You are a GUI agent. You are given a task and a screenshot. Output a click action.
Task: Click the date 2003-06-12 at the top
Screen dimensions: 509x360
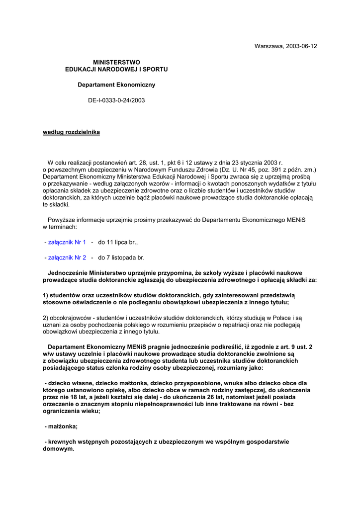[301, 46]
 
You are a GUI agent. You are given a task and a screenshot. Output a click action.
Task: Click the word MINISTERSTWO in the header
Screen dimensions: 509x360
[116, 62]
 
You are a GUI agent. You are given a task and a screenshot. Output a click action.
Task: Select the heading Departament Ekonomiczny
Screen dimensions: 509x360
[116, 85]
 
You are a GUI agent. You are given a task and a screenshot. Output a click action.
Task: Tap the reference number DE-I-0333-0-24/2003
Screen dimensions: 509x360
[116, 100]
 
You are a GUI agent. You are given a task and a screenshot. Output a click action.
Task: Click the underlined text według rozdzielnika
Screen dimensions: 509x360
[71, 132]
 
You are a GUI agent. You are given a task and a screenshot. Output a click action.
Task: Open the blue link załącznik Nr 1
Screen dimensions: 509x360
[67, 243]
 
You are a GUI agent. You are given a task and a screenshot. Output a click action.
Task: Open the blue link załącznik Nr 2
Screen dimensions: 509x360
[67, 258]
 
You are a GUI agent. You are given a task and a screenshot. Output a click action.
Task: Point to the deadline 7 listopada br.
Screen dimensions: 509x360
[121, 258]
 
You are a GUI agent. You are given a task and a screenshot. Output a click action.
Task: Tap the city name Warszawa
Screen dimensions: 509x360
[268, 46]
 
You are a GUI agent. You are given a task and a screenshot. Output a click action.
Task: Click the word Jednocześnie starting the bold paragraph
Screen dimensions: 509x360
[68, 273]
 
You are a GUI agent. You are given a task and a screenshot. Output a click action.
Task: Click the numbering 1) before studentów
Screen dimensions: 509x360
[46, 295]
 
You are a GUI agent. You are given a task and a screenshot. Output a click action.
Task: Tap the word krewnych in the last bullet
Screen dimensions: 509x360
[61, 442]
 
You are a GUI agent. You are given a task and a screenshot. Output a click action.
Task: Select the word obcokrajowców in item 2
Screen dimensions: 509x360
[68, 317]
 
